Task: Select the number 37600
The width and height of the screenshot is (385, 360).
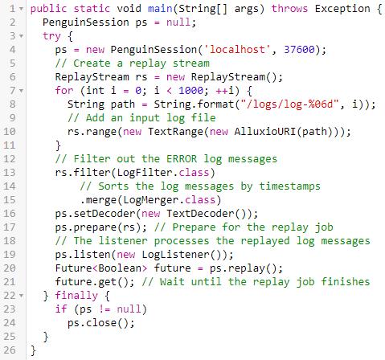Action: (299, 50)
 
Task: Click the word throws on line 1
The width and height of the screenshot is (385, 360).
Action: (289, 9)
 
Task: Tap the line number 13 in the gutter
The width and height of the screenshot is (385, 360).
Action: (10, 173)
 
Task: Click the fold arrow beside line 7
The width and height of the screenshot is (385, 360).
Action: (21, 91)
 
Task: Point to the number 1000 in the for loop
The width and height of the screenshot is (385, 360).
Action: (191, 91)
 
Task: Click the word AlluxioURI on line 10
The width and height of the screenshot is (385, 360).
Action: (265, 132)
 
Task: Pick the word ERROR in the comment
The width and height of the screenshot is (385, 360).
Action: (182, 159)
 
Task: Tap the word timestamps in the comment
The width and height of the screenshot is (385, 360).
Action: (290, 186)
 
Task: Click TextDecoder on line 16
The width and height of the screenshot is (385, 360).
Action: (200, 214)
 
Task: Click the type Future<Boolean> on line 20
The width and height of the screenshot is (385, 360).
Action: (101, 268)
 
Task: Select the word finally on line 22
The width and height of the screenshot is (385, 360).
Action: (76, 296)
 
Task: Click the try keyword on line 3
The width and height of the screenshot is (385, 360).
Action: (52, 36)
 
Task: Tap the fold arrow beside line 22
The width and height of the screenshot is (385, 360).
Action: (21, 296)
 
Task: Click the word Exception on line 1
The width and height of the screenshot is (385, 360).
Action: (342, 9)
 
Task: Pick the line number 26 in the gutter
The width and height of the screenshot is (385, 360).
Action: (10, 350)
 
